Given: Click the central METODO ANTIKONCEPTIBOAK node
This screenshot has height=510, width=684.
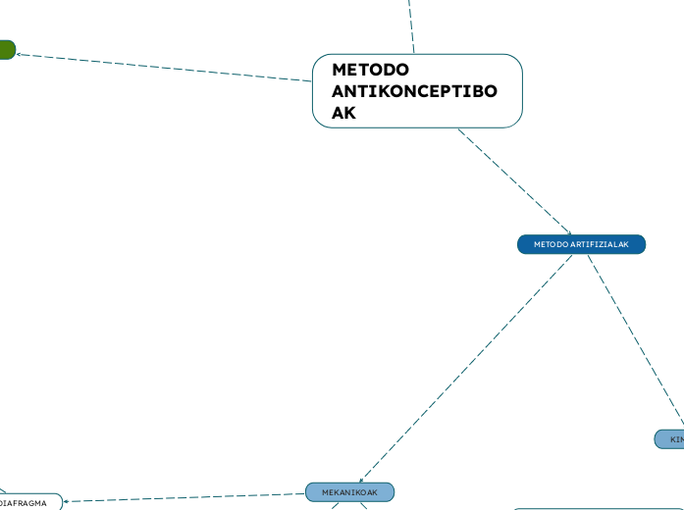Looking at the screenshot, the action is point(417,91).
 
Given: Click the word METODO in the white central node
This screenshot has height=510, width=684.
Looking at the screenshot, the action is point(370,70).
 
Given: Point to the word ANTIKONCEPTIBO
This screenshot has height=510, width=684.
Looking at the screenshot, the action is point(414,91).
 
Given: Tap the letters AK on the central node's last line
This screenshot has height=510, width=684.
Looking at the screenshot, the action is point(343,113).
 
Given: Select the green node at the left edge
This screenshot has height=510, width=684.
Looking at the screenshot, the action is point(6,49).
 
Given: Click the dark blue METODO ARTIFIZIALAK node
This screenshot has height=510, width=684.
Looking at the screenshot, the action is point(581,244).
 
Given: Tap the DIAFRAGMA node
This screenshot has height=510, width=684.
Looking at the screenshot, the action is point(27,503).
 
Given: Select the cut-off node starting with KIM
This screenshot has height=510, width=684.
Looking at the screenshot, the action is point(671,439).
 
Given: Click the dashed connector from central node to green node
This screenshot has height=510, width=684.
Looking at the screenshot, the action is point(167,66).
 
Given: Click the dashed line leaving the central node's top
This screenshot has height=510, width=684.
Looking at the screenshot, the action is point(410,25).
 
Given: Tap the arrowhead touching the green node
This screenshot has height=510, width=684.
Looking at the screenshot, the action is point(21,53).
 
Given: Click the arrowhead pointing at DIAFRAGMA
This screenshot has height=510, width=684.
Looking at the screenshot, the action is point(66,502).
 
